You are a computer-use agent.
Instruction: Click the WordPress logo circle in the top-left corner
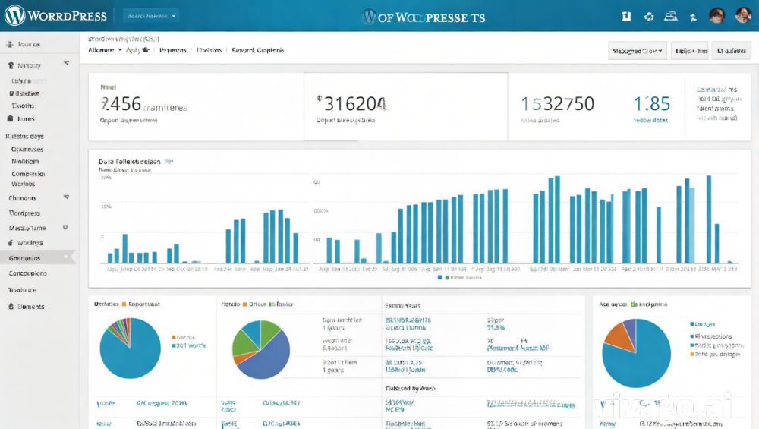coord(14,15)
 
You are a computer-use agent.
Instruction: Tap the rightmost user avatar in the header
coord(742,16)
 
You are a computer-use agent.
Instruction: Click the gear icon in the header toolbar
coord(648,16)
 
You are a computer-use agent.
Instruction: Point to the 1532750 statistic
coord(557,103)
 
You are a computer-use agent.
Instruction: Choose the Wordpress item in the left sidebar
coord(25,213)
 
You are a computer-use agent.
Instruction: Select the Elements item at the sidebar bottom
coord(30,307)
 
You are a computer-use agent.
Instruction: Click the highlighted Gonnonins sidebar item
coord(25,258)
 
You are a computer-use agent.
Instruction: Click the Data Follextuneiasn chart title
coord(129,162)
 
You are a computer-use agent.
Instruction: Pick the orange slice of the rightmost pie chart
coord(621,336)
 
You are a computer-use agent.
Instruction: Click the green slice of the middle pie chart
coord(247,338)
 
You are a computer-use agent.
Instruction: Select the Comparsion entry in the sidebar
coord(28,174)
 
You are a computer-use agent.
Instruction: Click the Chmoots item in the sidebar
coord(23,198)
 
